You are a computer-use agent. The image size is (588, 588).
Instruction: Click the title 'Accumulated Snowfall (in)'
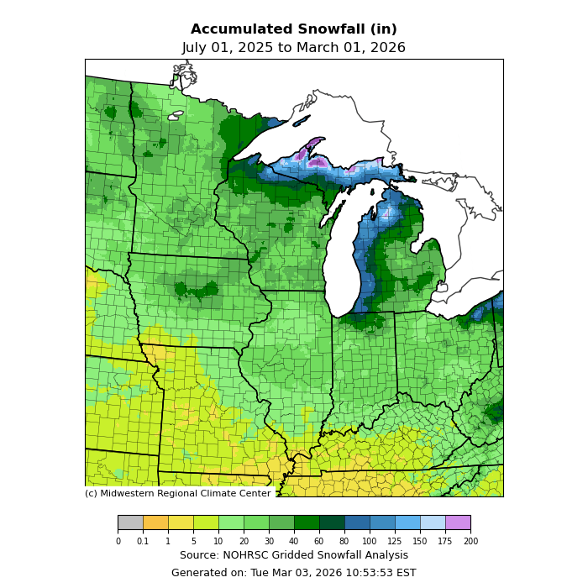pos(293,29)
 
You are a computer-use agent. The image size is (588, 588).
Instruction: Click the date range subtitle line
pos(293,48)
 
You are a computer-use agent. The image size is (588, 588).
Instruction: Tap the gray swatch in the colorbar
pos(130,522)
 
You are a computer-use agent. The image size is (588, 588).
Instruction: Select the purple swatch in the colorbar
pos(458,522)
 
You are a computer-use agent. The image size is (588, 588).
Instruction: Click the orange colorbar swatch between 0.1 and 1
pos(155,522)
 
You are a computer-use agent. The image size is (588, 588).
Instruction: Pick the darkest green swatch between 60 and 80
pos(332,522)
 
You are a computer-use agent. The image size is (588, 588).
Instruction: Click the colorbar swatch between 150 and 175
pos(433,522)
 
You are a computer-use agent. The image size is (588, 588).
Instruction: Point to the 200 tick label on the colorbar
pos(470,541)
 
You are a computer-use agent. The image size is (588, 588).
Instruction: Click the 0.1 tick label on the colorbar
pos(143,541)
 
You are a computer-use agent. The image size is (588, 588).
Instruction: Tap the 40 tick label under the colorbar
pos(294,541)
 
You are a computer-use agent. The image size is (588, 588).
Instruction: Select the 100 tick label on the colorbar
pos(370,541)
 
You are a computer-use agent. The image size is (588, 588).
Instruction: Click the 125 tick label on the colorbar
pos(395,541)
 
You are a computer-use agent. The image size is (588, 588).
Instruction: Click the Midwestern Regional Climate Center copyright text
pos(177,493)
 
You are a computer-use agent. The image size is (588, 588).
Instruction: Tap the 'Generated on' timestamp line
pos(293,573)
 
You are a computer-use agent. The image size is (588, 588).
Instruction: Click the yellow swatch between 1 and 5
pos(181,522)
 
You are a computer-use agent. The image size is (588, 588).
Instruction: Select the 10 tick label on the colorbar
pos(218,541)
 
